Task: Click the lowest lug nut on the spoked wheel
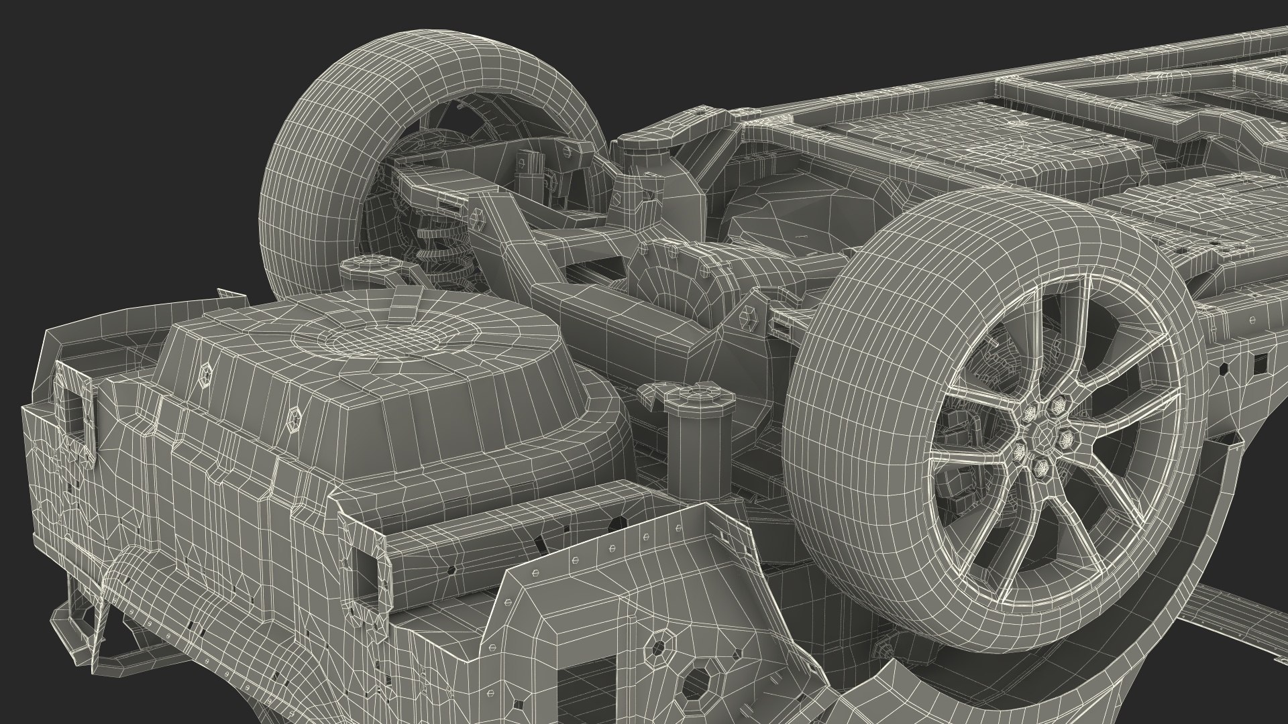[x=1040, y=465]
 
